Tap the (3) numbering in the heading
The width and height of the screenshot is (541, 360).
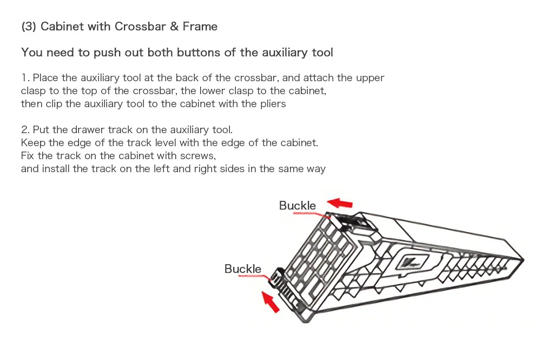pos(29,27)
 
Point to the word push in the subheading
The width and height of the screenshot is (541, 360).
pos(107,53)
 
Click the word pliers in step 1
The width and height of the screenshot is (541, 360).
pos(270,103)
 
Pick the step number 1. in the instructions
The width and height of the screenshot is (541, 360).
pos(25,78)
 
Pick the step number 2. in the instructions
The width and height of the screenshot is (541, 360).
pos(25,129)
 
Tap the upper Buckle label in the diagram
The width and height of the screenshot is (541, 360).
pos(297,206)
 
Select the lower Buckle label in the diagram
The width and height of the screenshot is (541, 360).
pos(242,269)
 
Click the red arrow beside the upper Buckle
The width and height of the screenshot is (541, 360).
pos(340,203)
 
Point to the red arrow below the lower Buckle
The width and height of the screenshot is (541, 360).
pos(270,302)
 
